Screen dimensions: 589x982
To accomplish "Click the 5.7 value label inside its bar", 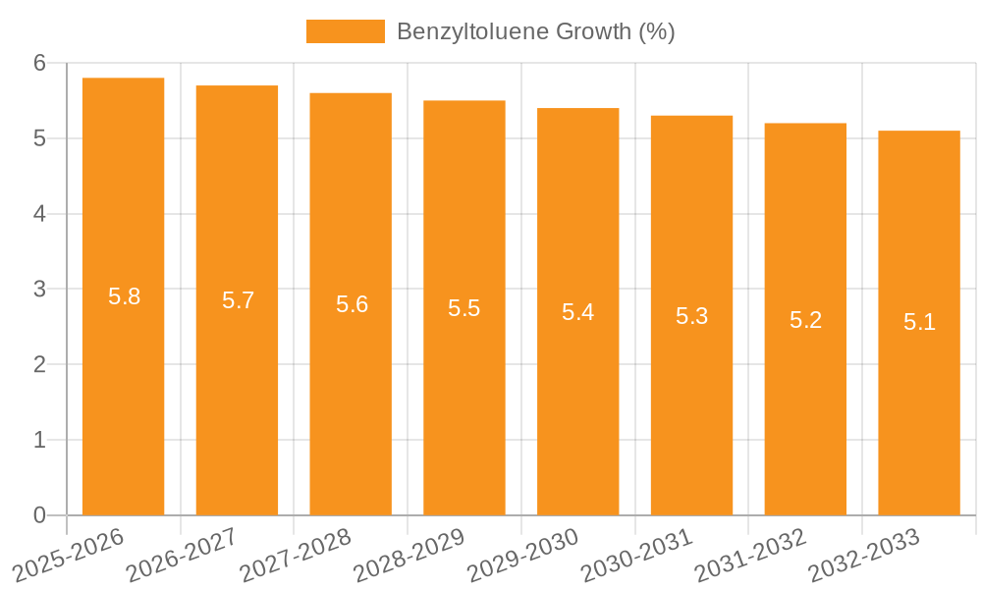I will [x=238, y=300].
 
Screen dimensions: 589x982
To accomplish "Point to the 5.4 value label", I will [x=577, y=312].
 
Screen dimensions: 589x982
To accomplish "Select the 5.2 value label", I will [x=805, y=320].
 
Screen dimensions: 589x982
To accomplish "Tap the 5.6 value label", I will [x=352, y=304].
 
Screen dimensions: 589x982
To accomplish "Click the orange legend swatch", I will [x=345, y=31].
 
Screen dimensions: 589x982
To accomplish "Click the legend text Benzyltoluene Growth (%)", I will [x=535, y=31].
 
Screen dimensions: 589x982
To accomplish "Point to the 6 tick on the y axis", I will [x=40, y=63].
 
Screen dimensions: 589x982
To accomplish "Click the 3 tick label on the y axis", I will [x=40, y=290].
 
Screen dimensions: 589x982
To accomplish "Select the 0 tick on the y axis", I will [x=40, y=515].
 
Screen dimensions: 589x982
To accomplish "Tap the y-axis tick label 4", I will [x=40, y=214].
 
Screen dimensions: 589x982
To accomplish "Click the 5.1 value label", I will [x=919, y=322].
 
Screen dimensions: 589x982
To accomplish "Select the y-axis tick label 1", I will [x=40, y=441].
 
